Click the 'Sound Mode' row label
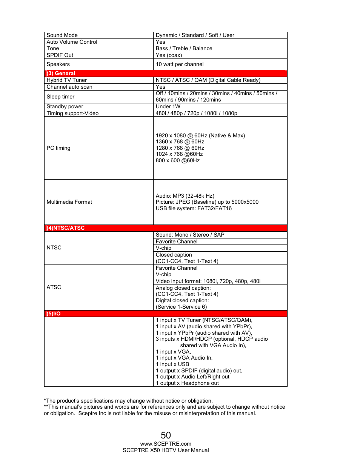tap(62, 35)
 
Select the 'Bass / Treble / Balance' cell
tap(184, 48)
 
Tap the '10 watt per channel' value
tap(180, 64)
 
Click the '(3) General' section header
tap(61, 73)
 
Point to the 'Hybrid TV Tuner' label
tap(66, 80)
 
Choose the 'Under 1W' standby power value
tap(168, 106)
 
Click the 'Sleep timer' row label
tap(60, 97)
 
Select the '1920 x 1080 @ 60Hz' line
tap(200, 135)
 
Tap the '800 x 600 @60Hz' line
tap(178, 160)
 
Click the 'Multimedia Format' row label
tap(69, 202)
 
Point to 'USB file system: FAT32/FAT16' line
tap(194, 208)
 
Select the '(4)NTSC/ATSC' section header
tap(65, 228)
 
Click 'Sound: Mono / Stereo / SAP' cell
tap(190, 235)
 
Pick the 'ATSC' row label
tap(54, 287)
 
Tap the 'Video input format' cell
tap(208, 281)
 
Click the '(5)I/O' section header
tap(53, 314)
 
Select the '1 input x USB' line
tap(172, 364)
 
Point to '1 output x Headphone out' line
tap(187, 383)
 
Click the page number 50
tap(166, 435)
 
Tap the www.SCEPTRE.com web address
tap(166, 444)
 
